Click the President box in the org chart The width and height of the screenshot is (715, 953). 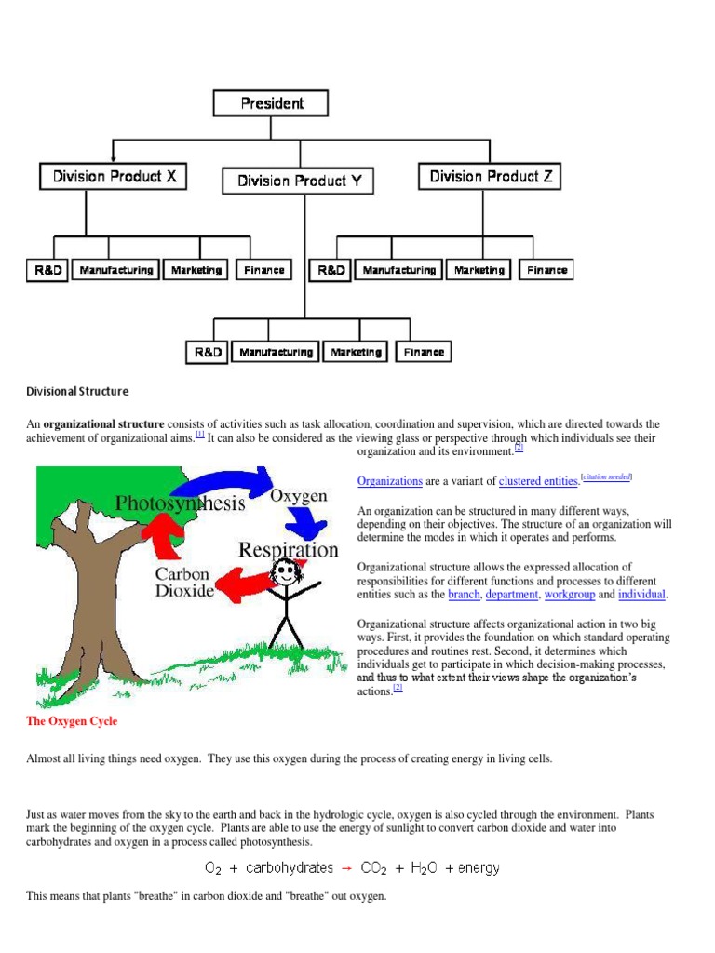(x=271, y=102)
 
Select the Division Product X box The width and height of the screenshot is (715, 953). (x=114, y=176)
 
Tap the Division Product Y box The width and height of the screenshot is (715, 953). (x=299, y=181)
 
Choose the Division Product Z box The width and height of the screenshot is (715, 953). (x=490, y=176)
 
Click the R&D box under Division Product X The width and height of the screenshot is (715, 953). (x=46, y=270)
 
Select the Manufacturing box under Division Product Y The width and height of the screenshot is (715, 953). (x=276, y=352)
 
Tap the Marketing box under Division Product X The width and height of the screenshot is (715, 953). (x=196, y=270)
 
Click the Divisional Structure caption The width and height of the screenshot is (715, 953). (x=77, y=391)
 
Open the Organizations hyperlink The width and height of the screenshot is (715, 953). (x=390, y=481)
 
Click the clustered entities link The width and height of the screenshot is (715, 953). (x=538, y=481)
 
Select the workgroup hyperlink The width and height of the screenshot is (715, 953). (x=568, y=594)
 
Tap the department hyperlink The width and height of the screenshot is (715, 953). (x=511, y=594)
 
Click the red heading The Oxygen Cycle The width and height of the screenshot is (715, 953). (x=72, y=721)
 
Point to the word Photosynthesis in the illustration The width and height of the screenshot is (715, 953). (x=180, y=503)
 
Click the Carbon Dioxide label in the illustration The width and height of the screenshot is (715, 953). (x=183, y=582)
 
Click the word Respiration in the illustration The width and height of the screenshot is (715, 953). (x=289, y=549)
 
